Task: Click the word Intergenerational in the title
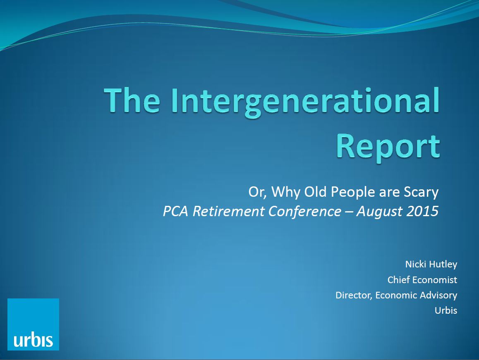pos(306,101)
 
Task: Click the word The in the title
pos(132,100)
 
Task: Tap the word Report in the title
pos(388,148)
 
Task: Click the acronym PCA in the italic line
pos(175,211)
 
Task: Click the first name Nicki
pos(414,264)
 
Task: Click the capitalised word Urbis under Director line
pos(446,310)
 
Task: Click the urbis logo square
pos(33,324)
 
